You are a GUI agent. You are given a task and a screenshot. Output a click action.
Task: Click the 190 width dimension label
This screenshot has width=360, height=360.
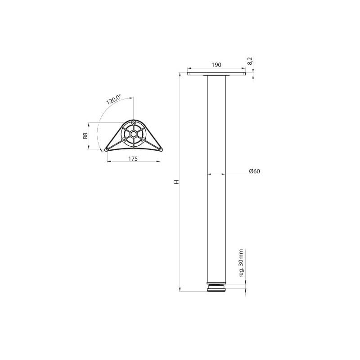tap(216, 65)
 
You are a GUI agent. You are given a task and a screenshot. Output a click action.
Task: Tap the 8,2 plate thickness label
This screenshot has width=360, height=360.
tap(250, 61)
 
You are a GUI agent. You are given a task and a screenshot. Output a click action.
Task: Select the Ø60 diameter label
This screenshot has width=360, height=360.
tap(255, 171)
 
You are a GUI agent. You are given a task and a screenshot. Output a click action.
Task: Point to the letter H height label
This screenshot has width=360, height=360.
tap(176, 182)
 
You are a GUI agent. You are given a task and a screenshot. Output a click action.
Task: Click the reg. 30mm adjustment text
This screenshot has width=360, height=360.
tap(241, 263)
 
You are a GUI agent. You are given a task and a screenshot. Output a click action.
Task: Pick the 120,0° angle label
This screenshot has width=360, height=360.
tap(113, 99)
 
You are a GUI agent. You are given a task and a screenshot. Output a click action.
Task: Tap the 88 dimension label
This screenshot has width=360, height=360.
tap(85, 136)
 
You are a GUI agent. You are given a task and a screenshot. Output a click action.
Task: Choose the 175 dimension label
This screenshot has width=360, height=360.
tap(133, 158)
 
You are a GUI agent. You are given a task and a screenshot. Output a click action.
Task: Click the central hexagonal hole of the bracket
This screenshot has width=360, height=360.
tap(133, 134)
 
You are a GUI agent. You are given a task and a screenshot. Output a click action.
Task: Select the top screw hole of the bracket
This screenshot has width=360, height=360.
tap(133, 122)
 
